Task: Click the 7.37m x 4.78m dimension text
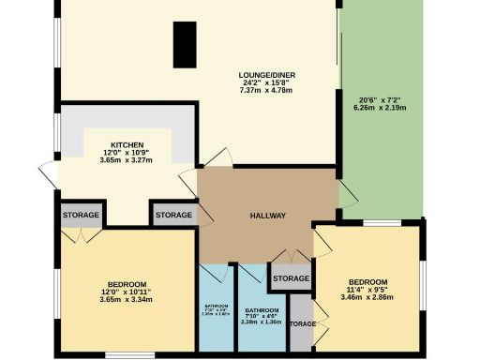[x=262, y=91]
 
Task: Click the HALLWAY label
[x=267, y=217]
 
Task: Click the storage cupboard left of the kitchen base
[x=81, y=216]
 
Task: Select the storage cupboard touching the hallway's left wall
[x=173, y=216]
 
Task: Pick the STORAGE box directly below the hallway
[x=291, y=278]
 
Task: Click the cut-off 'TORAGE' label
[x=302, y=324]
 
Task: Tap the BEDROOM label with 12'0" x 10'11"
[x=126, y=285]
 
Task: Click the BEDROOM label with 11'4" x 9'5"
[x=368, y=282]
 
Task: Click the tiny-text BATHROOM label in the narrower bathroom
[x=216, y=306]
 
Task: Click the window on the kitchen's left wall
[x=55, y=137]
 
